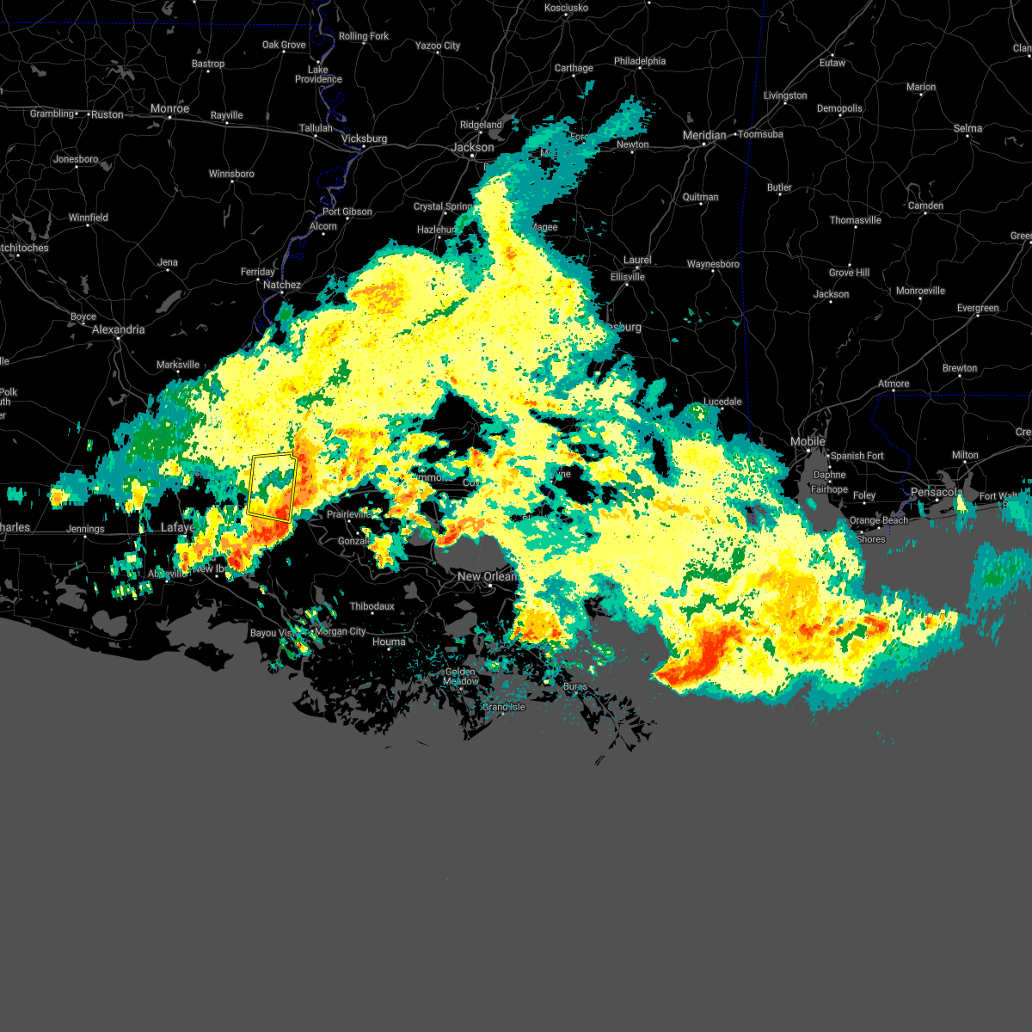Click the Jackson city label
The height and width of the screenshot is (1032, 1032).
pos(473,147)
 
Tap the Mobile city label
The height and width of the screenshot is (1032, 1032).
pos(808,441)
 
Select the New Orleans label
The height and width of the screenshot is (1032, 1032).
pos(487,576)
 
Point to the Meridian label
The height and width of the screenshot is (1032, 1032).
pos(704,135)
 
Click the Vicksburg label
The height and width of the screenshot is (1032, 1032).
pos(365,138)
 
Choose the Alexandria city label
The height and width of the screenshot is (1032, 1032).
pos(119,329)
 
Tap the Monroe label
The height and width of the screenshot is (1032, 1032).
pos(169,109)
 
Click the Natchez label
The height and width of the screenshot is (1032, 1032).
pos(282,285)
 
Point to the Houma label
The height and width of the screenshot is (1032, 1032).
pos(389,642)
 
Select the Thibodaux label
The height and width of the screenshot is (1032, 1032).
pos(372,606)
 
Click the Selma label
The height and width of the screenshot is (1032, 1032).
pos(967,128)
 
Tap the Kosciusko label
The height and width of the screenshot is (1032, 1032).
pos(567,8)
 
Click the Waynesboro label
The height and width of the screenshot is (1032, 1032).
pos(713,264)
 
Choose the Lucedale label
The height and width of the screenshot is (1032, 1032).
pos(722,402)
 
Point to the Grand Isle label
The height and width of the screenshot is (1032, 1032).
pos(503,707)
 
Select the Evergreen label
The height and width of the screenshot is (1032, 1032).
pos(978,308)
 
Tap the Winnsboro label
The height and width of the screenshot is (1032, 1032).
pos(231,174)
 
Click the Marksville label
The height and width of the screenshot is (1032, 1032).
pos(178,365)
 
